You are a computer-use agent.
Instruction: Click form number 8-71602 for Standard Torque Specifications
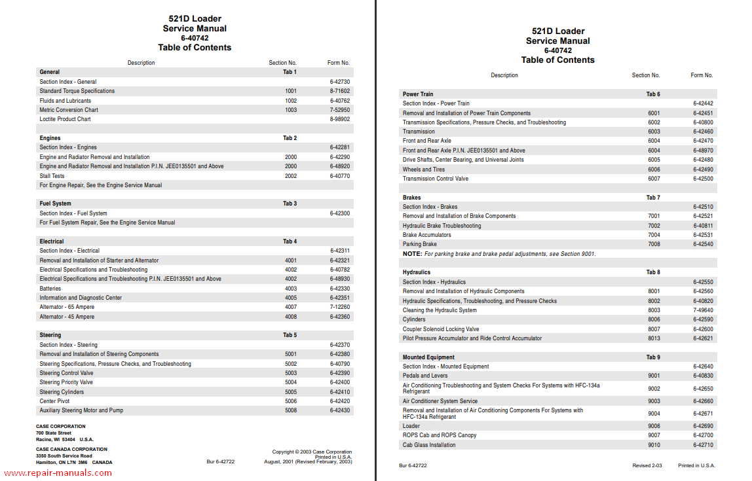(x=339, y=91)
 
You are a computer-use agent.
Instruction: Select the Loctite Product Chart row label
(x=65, y=119)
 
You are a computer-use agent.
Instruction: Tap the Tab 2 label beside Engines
(x=290, y=138)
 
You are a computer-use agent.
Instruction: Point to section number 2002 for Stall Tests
(x=290, y=176)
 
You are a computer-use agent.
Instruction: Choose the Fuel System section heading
(x=55, y=204)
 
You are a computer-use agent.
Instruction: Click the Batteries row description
(x=50, y=289)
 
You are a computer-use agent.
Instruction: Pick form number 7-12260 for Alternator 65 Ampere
(x=339, y=307)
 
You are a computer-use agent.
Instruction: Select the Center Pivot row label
(x=54, y=401)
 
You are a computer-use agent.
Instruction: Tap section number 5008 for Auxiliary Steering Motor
(x=290, y=410)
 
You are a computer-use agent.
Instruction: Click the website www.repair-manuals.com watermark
(x=57, y=473)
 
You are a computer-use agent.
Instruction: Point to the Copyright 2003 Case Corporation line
(x=312, y=452)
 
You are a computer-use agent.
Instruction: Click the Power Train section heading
(x=418, y=94)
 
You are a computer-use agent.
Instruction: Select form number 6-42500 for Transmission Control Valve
(x=703, y=179)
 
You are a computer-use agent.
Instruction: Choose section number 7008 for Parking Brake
(x=654, y=244)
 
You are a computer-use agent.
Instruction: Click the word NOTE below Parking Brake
(x=412, y=254)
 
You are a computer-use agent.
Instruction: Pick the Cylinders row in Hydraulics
(x=414, y=320)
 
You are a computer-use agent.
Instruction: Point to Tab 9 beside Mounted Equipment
(x=653, y=357)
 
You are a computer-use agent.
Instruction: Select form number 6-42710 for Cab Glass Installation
(x=703, y=445)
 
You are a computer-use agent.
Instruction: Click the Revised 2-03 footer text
(x=647, y=465)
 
